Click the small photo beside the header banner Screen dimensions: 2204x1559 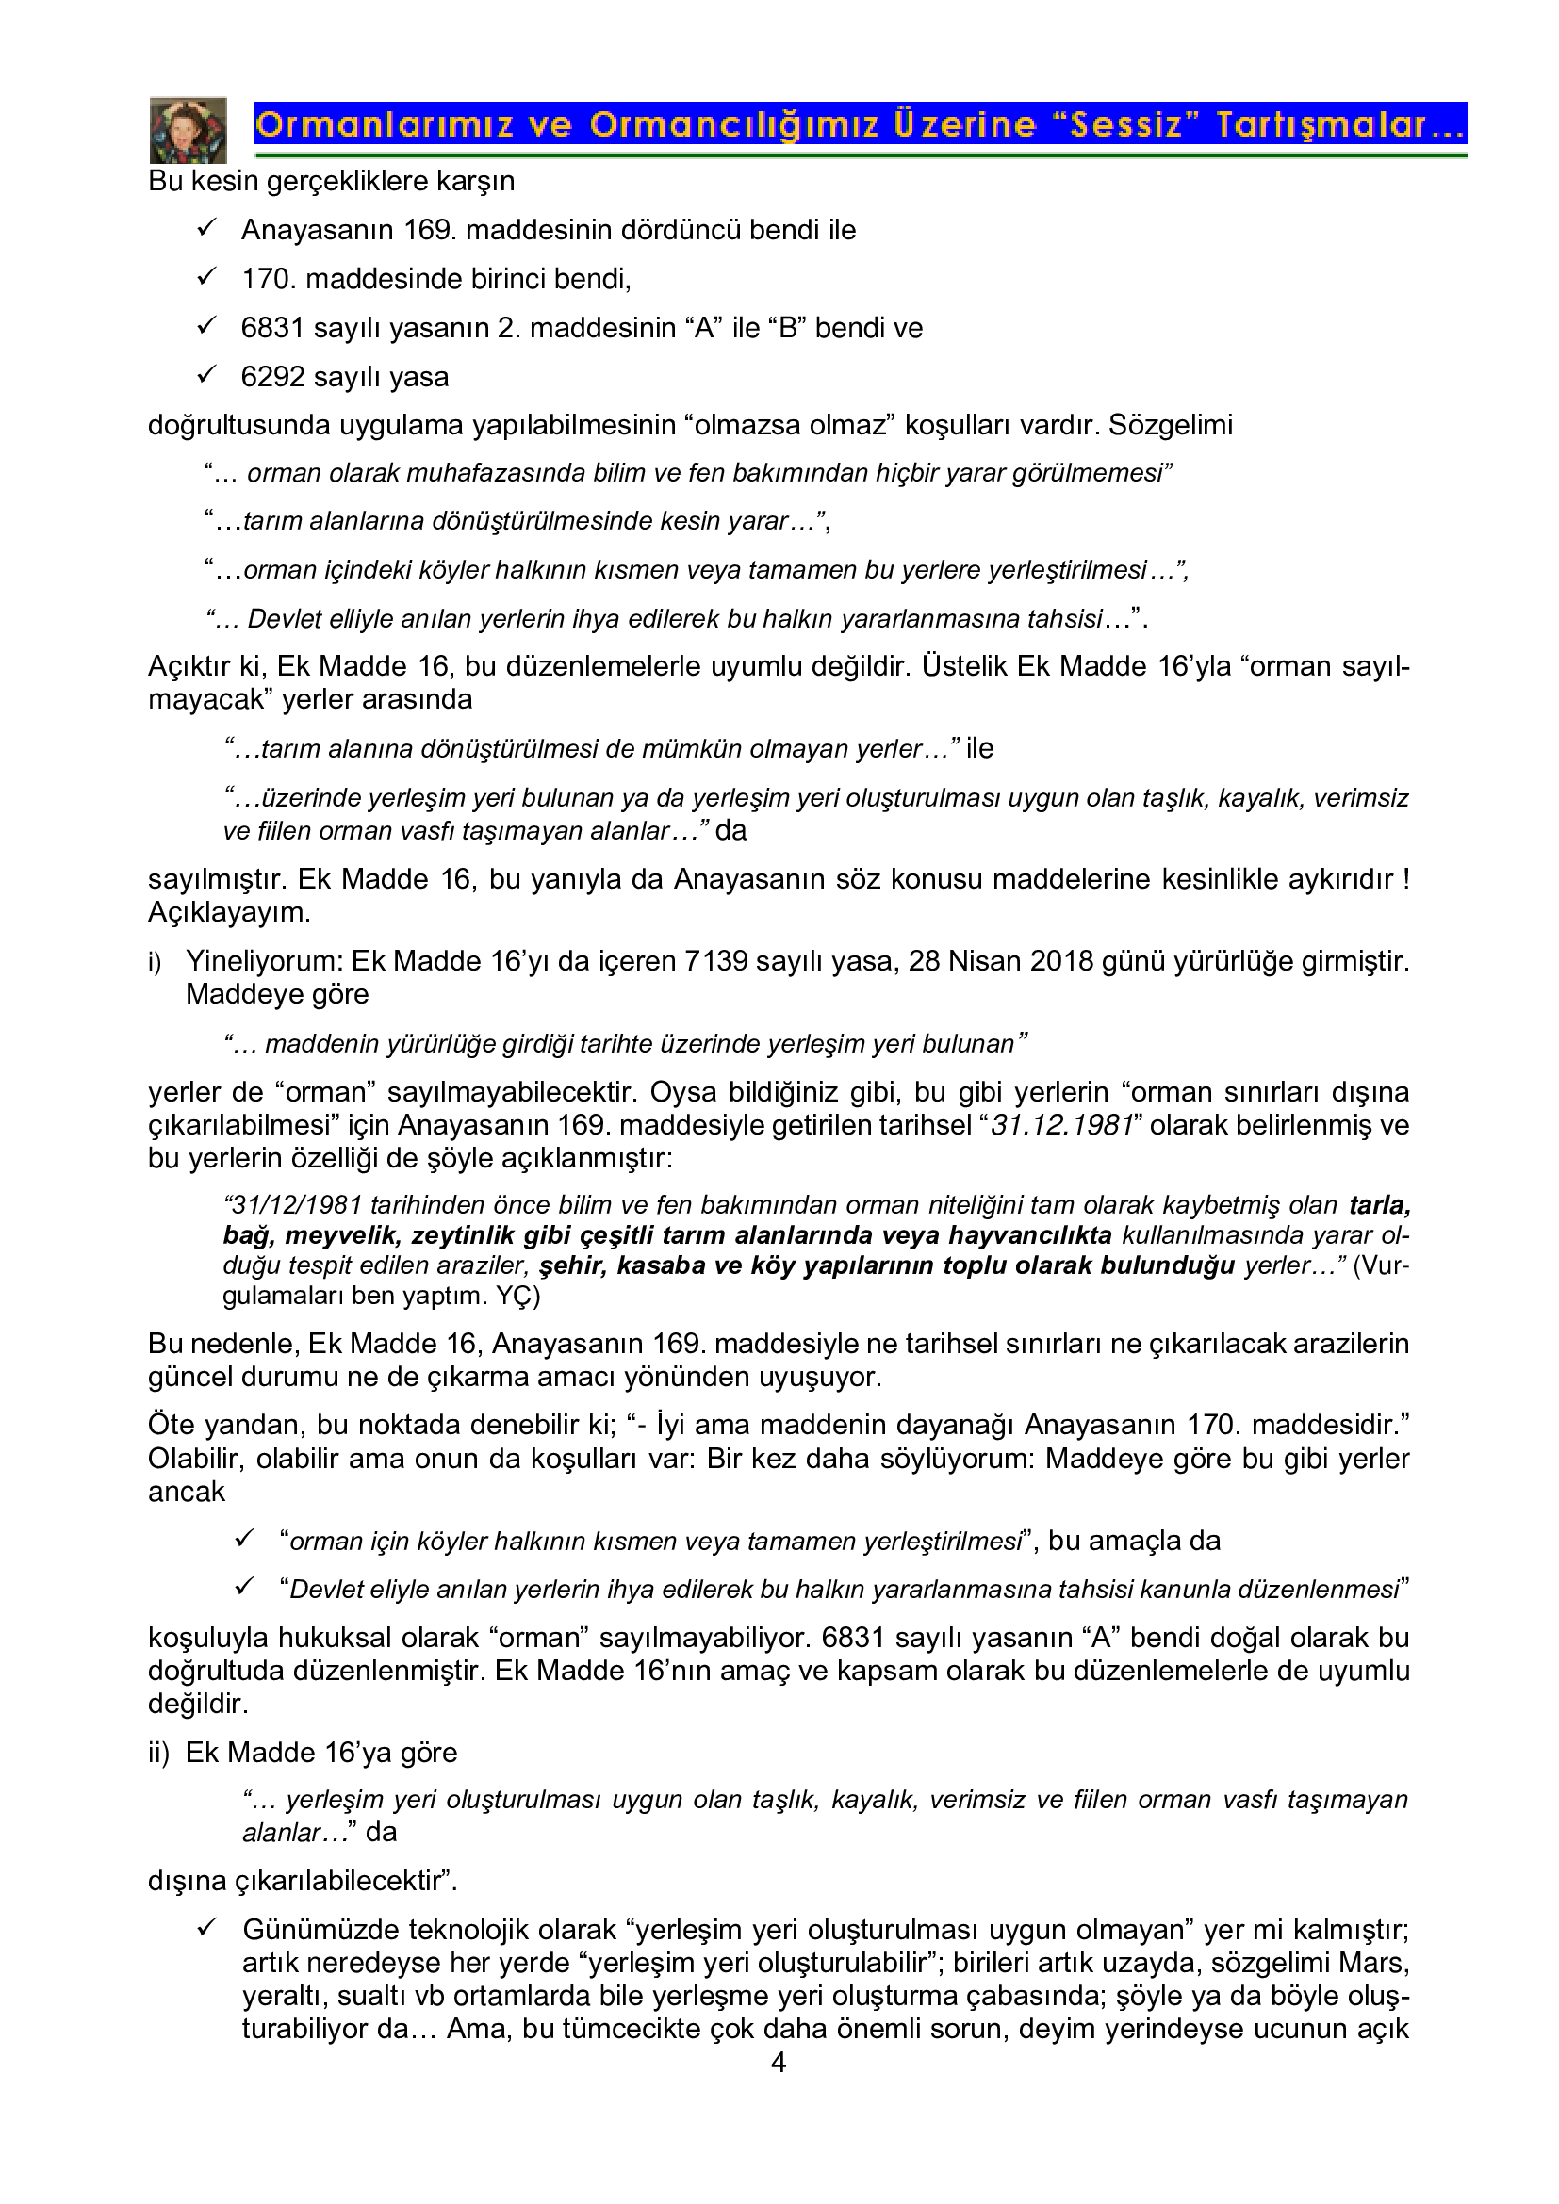tap(189, 130)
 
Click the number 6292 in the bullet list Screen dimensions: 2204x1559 tap(272, 376)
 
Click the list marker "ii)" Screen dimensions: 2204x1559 tap(158, 1753)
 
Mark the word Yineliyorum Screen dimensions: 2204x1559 tap(264, 961)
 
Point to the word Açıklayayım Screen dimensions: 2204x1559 tap(228, 913)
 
